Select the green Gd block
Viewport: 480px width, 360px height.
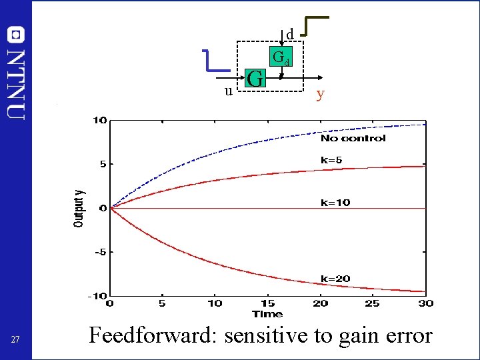point(281,57)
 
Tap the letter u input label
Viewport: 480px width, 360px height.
point(228,91)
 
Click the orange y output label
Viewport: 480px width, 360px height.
point(321,94)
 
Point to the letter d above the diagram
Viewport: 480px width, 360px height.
point(290,34)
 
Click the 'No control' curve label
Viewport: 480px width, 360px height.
point(353,138)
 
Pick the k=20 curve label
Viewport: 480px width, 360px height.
point(335,279)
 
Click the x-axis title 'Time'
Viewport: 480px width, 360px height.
point(267,314)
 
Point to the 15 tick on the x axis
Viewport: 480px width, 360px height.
point(267,303)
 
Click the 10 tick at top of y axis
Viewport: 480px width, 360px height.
point(99,121)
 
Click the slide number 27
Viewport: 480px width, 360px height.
point(16,341)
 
